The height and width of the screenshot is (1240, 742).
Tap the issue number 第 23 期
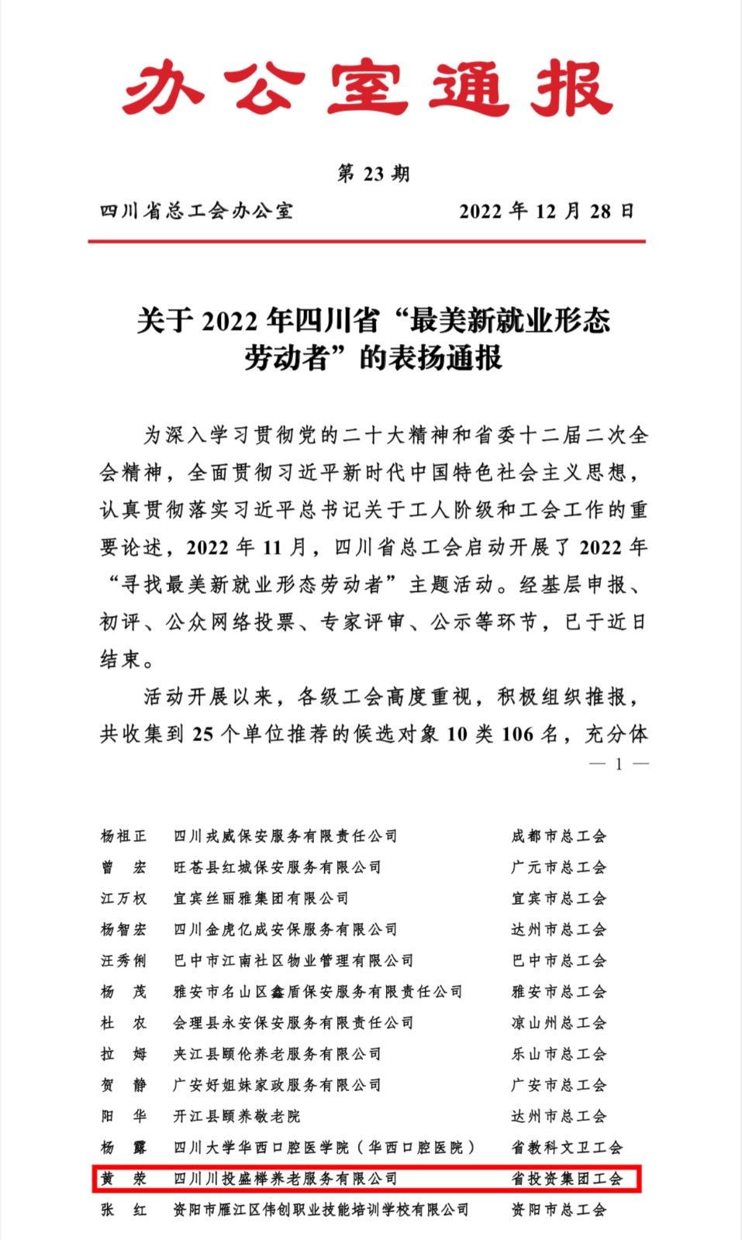373,174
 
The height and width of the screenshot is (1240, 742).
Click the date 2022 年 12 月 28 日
547,211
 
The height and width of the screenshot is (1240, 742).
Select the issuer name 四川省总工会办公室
197,211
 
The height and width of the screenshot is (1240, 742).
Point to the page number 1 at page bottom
619,764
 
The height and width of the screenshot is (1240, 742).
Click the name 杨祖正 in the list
123,836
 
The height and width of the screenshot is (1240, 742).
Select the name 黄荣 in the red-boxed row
123,1179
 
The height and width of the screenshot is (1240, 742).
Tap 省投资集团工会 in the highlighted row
567,1179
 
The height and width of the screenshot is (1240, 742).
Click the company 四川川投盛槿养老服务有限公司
285,1179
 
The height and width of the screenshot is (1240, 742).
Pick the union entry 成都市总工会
558,836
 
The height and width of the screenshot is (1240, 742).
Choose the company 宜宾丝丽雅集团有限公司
261,898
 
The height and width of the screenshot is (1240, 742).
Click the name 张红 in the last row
123,1210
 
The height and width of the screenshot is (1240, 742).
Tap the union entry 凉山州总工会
558,1023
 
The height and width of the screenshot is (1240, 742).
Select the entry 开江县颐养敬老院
236,1116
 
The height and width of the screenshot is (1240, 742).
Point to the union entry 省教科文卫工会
567,1148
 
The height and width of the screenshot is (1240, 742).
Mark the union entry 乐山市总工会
558,1054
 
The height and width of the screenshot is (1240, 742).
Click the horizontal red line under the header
367,242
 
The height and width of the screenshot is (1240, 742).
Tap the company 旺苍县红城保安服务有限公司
277,867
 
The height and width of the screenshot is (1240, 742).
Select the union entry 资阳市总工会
558,1210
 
